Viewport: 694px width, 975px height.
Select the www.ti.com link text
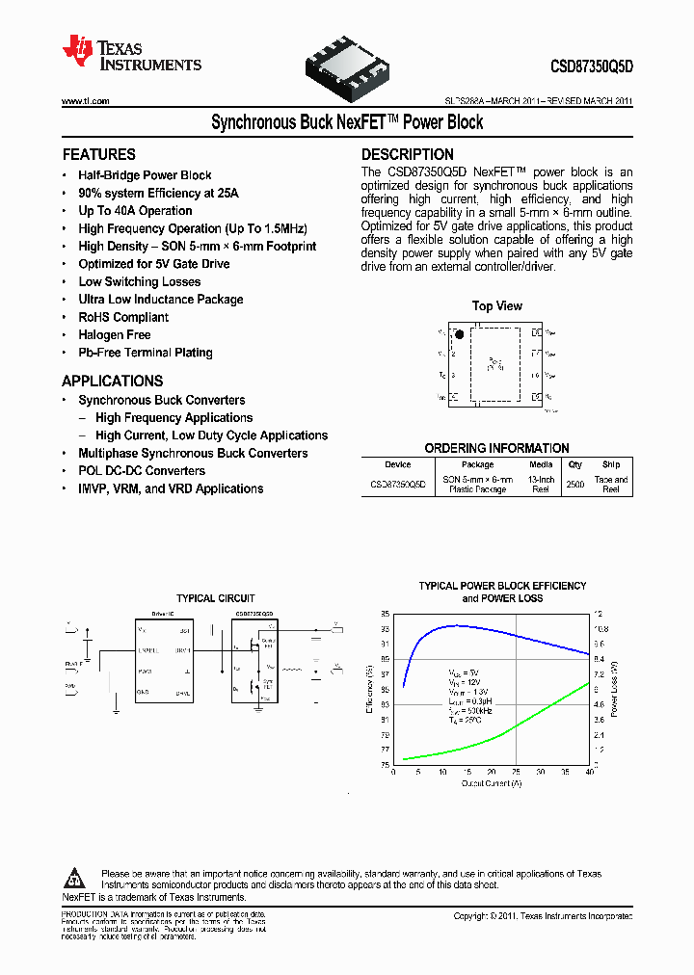click(x=85, y=101)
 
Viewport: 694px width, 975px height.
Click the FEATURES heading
click(x=98, y=154)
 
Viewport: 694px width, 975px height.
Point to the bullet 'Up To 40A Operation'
click(x=135, y=211)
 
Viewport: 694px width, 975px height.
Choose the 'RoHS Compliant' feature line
click(x=123, y=317)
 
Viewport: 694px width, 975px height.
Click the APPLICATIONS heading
click(x=113, y=381)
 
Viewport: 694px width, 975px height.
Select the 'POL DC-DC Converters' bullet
click(x=142, y=471)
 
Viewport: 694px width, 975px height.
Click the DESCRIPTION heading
click(x=408, y=154)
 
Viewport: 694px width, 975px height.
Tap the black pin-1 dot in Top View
click(x=460, y=335)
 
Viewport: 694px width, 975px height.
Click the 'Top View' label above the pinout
click(x=497, y=306)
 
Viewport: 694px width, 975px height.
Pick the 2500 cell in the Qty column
click(x=575, y=485)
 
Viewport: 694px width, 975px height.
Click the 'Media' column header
click(x=541, y=464)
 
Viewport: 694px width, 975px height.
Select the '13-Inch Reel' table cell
click(x=541, y=485)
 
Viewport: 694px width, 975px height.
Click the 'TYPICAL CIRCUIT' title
click(x=216, y=598)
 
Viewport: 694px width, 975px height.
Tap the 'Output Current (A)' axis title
click(x=491, y=783)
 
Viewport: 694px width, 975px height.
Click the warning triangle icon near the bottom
click(x=75, y=879)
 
